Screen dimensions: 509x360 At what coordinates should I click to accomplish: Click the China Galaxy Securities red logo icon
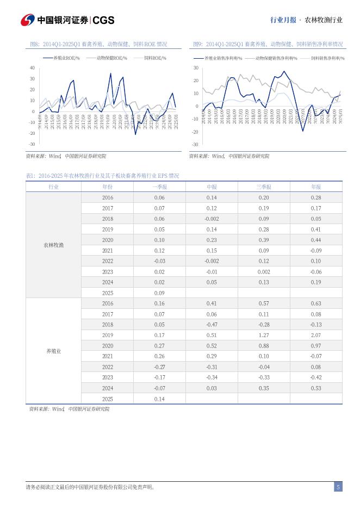(x=27, y=20)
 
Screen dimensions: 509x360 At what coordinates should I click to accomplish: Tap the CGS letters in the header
(x=103, y=20)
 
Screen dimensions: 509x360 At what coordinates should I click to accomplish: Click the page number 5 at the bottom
(x=338, y=487)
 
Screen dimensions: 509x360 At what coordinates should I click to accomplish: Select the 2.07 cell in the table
(x=315, y=335)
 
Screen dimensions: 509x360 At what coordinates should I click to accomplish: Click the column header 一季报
(x=159, y=187)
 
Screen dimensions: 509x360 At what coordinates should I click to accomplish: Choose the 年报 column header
(x=315, y=187)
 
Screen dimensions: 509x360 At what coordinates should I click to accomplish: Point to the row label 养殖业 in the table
(x=53, y=351)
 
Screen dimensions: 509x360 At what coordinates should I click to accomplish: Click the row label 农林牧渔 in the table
(x=53, y=245)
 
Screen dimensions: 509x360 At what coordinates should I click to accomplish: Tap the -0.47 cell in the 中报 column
(x=211, y=325)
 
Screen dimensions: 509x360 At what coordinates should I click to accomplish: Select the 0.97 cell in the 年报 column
(x=315, y=346)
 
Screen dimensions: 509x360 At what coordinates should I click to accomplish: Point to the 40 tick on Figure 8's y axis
(x=32, y=68)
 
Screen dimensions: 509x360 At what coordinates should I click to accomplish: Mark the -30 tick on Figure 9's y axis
(x=195, y=145)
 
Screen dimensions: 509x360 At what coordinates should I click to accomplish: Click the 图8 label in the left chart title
(x=33, y=44)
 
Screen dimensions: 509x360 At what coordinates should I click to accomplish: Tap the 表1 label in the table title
(x=30, y=176)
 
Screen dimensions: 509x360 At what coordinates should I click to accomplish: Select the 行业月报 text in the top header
(x=283, y=20)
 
